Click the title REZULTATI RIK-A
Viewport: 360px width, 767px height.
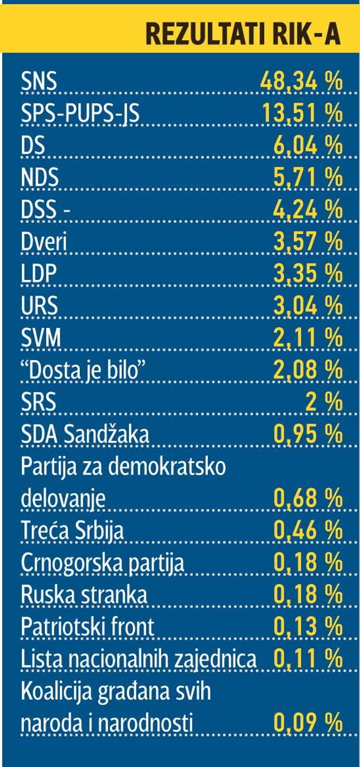[x=243, y=33]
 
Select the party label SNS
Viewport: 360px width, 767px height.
[x=39, y=80]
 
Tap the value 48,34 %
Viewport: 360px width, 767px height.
[x=301, y=80]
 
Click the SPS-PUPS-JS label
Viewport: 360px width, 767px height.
[x=80, y=113]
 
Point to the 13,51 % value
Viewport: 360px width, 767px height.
[x=302, y=113]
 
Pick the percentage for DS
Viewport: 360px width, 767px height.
[x=307, y=145]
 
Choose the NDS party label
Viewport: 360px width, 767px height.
[x=40, y=177]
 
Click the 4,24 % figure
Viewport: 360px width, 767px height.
[x=307, y=209]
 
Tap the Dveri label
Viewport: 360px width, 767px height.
[x=44, y=241]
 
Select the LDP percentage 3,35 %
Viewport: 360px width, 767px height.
[x=307, y=273]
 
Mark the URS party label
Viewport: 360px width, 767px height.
[x=39, y=305]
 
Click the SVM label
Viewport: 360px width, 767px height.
[x=41, y=338]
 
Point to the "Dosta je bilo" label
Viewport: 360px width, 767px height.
[x=83, y=370]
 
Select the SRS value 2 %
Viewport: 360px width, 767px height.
[x=324, y=401]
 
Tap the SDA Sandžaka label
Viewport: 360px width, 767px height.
[x=85, y=434]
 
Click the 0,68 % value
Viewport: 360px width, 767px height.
[x=307, y=498]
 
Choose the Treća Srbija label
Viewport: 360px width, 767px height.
[x=72, y=530]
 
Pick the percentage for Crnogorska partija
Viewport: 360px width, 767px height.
[x=307, y=562]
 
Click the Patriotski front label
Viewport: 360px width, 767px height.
[x=87, y=626]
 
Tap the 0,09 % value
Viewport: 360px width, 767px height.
[x=307, y=723]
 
